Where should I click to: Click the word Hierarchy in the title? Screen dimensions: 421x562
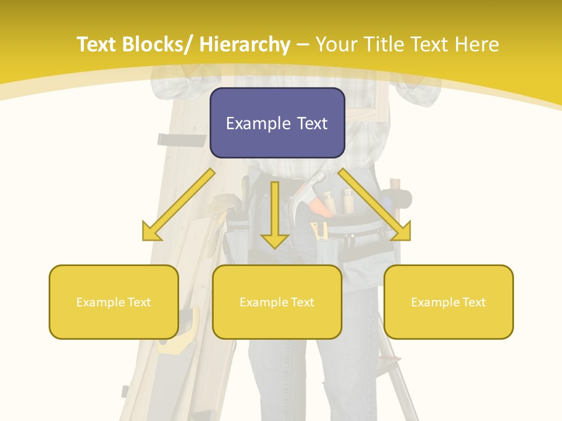coord(245,45)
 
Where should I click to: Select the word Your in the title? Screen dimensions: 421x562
coord(337,45)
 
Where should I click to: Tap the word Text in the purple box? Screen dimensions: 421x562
coord(311,123)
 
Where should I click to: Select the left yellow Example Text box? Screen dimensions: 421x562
coord(114,302)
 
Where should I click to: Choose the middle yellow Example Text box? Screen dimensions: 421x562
coord(277,302)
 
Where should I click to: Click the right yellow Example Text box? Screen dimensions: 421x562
coord(448,302)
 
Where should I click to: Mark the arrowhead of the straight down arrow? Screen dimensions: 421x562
coord(275,240)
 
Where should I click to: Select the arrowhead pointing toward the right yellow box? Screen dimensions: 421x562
coord(403,232)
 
